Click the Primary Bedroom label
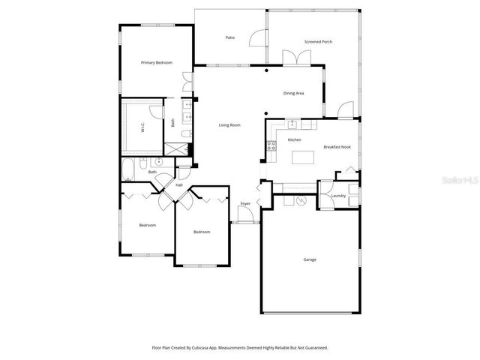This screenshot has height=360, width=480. tap(157, 63)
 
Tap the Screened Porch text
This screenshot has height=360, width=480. tap(318, 42)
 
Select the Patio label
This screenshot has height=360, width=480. tap(230, 37)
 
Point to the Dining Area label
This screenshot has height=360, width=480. tap(293, 93)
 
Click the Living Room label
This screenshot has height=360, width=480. tap(229, 124)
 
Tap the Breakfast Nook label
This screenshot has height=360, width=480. tap(337, 147)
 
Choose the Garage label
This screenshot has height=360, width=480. tap(310, 259)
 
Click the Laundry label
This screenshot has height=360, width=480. tap(337, 196)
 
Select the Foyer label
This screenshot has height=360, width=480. tap(244, 204)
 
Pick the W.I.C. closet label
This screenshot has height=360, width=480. tap(142, 128)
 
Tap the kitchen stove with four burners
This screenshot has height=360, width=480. tap(271, 145)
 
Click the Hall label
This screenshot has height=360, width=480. tap(179, 184)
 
